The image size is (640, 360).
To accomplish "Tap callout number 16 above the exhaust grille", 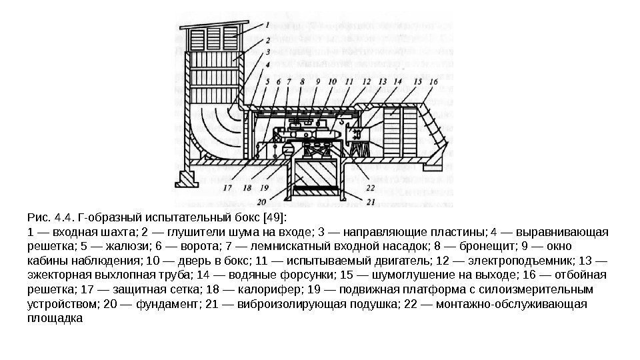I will [434, 82].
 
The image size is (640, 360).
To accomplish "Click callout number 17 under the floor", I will [227, 188].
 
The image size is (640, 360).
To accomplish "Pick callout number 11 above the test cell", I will [349, 82].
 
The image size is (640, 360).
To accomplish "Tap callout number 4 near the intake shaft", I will [267, 65].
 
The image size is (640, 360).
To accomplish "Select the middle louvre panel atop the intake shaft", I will [215, 38].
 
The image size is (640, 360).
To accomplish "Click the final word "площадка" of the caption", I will [55, 319].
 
